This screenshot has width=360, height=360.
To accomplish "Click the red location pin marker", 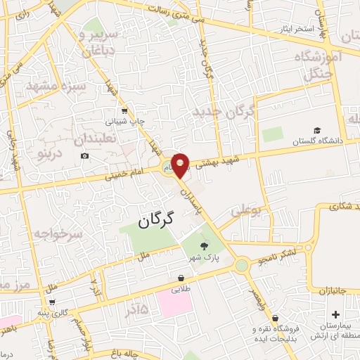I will point(181,164).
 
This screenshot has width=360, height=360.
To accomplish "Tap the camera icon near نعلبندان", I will point(85,155).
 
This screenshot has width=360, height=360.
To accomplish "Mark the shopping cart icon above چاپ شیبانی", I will point(124,110).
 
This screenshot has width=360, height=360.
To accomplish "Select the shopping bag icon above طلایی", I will point(181,278).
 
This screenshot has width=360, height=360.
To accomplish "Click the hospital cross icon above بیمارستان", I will point(335,314).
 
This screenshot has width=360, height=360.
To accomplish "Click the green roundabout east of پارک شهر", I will point(242,265).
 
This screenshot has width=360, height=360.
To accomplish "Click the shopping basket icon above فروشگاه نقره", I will point(274,318).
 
